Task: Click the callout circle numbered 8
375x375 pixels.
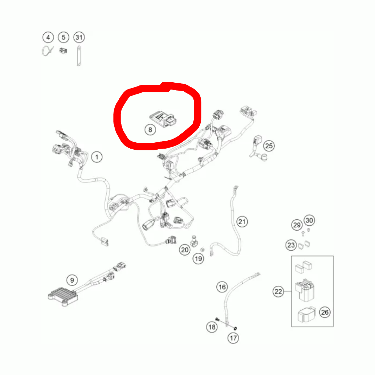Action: [x=150, y=130]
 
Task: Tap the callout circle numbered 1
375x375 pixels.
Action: [x=97, y=157]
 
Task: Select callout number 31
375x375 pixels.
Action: [x=79, y=37]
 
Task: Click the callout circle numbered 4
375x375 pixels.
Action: [x=48, y=37]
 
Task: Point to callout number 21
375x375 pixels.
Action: [x=242, y=221]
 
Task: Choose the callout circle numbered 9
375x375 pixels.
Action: [x=72, y=280]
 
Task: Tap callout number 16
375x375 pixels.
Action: [x=222, y=287]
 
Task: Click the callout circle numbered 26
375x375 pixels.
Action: [x=324, y=312]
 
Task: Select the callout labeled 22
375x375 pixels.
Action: [x=278, y=292]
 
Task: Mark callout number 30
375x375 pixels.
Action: [x=309, y=220]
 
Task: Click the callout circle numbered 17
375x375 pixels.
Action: [x=233, y=337]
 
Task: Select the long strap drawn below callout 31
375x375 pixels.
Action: [x=78, y=56]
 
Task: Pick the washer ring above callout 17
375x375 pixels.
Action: [x=236, y=328]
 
